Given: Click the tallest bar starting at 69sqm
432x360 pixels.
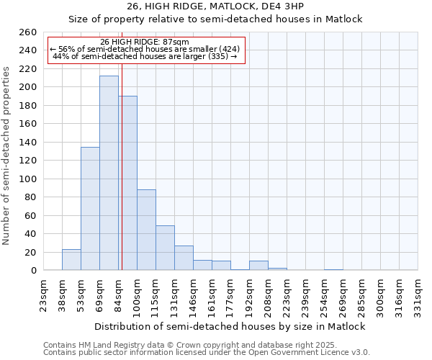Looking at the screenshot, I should click(x=109, y=173).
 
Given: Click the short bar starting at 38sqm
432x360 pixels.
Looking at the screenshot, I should click(x=71, y=260).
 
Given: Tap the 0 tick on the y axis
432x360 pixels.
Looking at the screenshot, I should click(x=33, y=271).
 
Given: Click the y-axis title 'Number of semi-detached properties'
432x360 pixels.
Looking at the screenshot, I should click(x=7, y=155).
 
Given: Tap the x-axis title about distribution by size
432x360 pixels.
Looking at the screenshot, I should click(x=230, y=326).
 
